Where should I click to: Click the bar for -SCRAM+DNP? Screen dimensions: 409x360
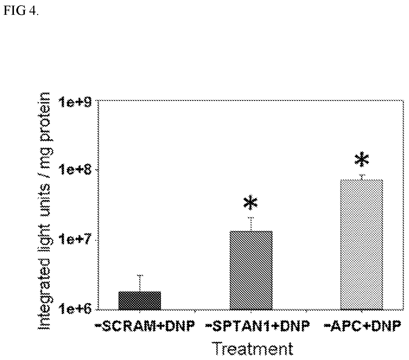(x=140, y=300)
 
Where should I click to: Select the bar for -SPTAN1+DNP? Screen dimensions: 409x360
(x=251, y=270)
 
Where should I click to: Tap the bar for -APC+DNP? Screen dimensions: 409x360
(x=362, y=245)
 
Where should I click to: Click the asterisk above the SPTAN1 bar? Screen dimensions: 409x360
(x=250, y=202)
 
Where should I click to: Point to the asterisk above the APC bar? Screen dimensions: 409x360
(x=362, y=159)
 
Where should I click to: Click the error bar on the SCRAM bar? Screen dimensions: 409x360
(x=140, y=283)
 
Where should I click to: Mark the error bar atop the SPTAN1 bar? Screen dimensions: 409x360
(x=251, y=224)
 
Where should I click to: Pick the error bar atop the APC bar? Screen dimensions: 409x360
(x=363, y=177)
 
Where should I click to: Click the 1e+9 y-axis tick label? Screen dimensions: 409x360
(x=75, y=102)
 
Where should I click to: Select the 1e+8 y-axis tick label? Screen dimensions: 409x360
(x=75, y=170)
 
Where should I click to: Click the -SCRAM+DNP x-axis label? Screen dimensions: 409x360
(x=145, y=327)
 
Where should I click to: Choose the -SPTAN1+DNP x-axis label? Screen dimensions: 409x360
(x=257, y=327)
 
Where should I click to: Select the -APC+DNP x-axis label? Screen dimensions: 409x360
(x=362, y=327)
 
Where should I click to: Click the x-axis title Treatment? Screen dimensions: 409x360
(x=253, y=348)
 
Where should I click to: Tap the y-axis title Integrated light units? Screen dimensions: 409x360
(x=44, y=238)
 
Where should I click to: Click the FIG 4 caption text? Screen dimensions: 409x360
(x=20, y=10)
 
